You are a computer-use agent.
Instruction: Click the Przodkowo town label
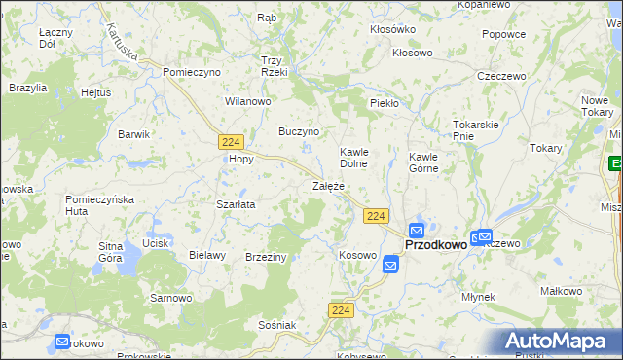(435, 245)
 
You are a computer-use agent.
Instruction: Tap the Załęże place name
(328, 185)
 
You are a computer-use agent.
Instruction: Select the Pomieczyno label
(192, 72)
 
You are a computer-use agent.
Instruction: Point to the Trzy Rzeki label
(275, 65)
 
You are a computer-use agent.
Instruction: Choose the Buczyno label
(299, 130)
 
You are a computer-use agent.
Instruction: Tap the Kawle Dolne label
(352, 158)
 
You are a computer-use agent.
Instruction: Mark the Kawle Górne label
(423, 162)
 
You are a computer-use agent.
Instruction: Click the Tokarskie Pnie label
(475, 130)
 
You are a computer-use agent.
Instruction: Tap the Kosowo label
(357, 255)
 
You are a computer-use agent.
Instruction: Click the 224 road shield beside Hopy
(231, 142)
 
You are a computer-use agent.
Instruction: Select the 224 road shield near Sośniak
(340, 309)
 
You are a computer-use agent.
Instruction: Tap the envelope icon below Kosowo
(390, 263)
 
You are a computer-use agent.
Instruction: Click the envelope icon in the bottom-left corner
(62, 342)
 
